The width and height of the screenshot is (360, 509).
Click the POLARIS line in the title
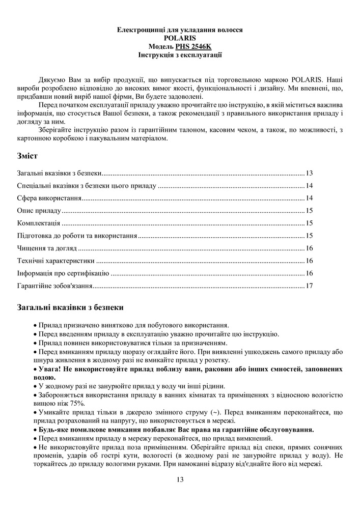pyautogui.click(x=180, y=38)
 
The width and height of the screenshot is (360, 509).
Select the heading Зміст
pyautogui.click(x=26, y=155)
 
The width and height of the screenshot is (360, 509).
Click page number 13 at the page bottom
pyautogui.click(x=180, y=479)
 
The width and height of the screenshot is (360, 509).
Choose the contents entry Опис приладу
pyautogui.click(x=39, y=211)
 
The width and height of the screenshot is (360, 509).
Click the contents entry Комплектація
pyautogui.click(x=39, y=223)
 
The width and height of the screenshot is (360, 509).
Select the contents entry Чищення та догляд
pyautogui.click(x=47, y=248)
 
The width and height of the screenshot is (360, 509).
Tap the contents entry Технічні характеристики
pyautogui.click(x=56, y=261)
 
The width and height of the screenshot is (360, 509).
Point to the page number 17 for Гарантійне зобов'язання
pyautogui.click(x=309, y=286)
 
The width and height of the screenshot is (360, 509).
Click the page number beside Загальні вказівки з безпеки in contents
pyautogui.click(x=309, y=173)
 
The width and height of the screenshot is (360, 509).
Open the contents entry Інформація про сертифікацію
pyautogui.click(x=63, y=273)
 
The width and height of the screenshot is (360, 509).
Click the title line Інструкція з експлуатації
pyautogui.click(x=180, y=54)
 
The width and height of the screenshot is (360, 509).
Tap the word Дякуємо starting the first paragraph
pyautogui.click(x=53, y=80)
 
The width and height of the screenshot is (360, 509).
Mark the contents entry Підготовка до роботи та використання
pyautogui.click(x=77, y=236)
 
